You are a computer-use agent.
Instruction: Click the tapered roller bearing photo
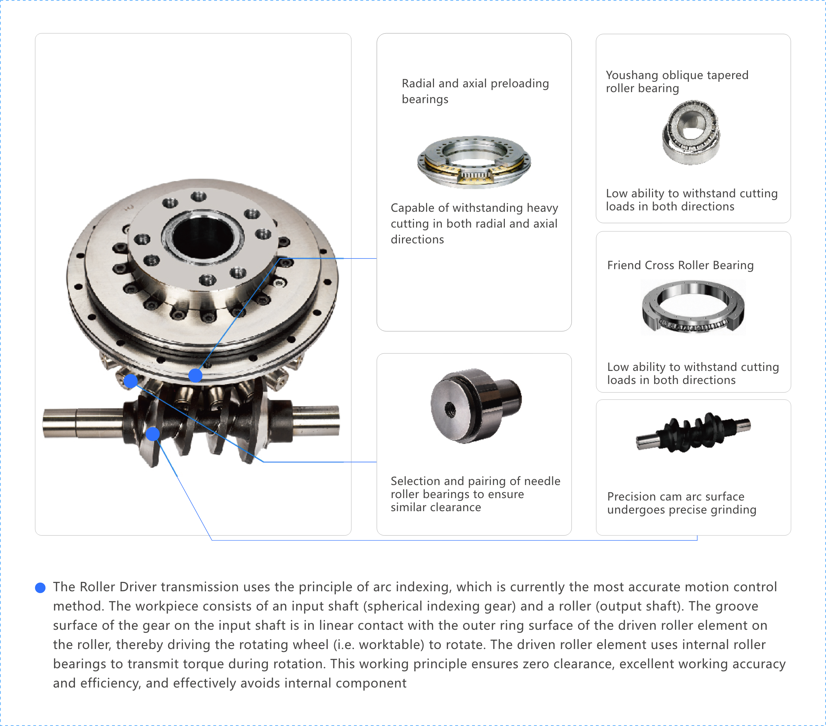point(692,132)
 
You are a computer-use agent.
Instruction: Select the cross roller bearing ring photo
point(693,307)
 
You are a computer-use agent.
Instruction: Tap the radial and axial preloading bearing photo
point(474,162)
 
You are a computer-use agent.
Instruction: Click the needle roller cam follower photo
point(476,406)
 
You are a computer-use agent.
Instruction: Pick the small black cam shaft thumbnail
point(693,432)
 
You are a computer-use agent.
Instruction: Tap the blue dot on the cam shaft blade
point(153,434)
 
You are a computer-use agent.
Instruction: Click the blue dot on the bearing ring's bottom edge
point(196,375)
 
